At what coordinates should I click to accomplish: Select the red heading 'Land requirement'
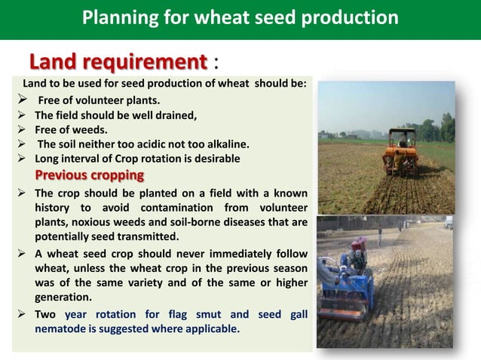tap(118, 61)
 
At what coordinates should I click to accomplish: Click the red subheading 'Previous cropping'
tap(89, 175)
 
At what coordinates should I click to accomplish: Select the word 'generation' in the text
tap(66, 297)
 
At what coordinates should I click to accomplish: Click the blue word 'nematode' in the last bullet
tap(62, 328)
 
